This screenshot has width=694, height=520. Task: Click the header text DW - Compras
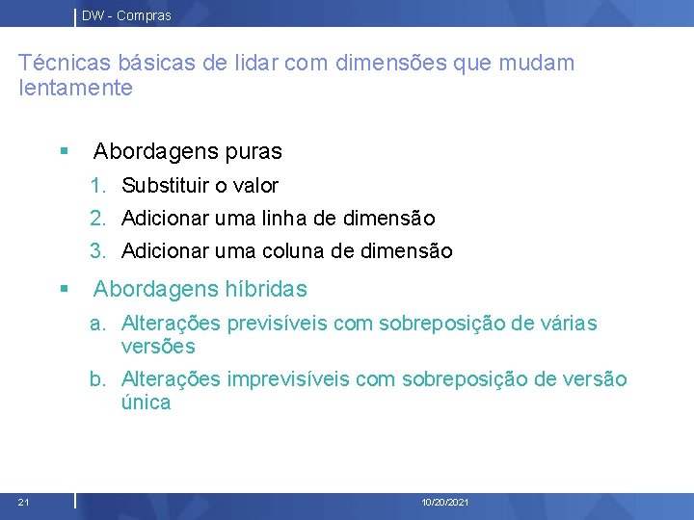tap(126, 15)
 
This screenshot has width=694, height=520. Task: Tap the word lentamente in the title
tap(75, 89)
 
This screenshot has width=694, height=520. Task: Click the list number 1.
tap(97, 186)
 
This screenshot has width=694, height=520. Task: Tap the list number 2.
tap(97, 219)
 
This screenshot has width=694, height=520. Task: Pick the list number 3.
tap(97, 251)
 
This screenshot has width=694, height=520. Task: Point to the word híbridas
tap(266, 289)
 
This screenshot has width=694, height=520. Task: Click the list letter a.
tap(97, 324)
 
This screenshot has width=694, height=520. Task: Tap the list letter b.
tap(97, 379)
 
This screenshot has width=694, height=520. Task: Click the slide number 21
tap(23, 502)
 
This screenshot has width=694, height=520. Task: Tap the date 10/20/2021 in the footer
tap(445, 503)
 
